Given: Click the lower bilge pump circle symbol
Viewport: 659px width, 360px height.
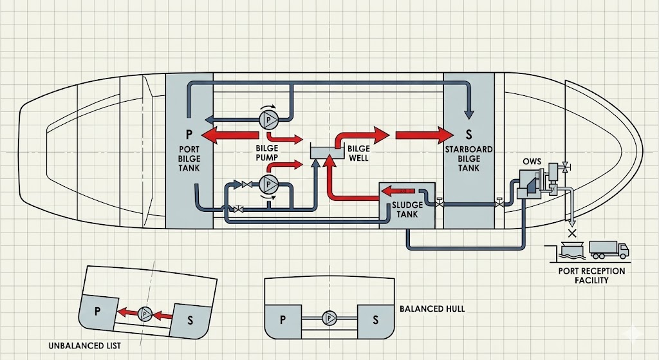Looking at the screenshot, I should [267, 184].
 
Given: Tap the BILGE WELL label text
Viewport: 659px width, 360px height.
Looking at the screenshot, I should [358, 153].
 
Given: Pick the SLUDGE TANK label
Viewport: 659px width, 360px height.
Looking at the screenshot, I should [407, 209].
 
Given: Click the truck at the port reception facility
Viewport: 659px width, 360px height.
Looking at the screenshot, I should [608, 249].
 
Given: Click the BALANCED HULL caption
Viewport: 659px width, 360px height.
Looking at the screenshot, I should [432, 308].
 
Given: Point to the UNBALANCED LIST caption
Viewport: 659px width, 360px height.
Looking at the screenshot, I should [84, 346].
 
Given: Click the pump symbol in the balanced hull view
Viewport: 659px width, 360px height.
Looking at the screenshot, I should [330, 317].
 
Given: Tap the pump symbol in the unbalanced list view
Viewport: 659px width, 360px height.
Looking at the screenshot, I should [145, 314].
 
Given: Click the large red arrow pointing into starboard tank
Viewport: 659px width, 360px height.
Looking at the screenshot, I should [425, 135].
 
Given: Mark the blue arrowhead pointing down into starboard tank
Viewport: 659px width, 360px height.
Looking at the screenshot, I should [469, 114].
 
